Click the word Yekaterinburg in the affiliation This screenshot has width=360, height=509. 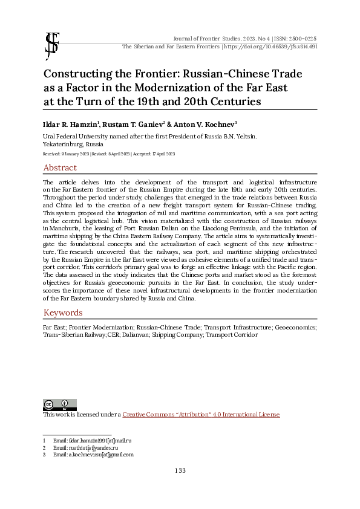[64, 145]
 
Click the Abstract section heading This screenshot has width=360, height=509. [60, 167]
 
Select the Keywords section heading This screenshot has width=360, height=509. [63, 313]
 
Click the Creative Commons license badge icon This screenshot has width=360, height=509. [59, 404]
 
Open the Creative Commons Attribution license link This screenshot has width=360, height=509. [201, 415]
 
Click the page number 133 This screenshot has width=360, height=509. [180, 471]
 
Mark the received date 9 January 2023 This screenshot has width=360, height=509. [67, 154]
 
